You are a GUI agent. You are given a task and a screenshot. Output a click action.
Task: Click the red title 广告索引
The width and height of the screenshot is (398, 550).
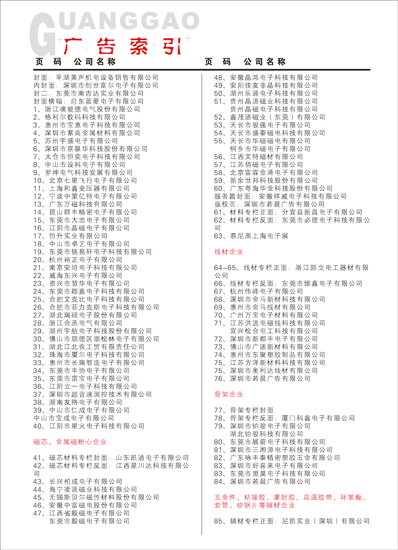tap(122, 47)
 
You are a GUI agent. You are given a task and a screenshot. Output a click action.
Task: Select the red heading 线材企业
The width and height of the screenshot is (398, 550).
tap(229, 252)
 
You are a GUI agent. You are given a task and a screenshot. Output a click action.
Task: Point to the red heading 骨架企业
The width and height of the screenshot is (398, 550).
tap(229, 394)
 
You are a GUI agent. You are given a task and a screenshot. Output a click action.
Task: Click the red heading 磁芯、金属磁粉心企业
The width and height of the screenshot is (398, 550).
tap(70, 442)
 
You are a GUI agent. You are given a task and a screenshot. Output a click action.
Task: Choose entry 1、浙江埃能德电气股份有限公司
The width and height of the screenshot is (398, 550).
tap(87, 109)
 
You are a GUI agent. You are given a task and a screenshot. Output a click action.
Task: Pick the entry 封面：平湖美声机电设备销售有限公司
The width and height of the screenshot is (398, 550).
tap(96, 78)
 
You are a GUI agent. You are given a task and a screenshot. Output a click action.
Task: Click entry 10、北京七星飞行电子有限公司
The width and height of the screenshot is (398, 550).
tap(85, 181)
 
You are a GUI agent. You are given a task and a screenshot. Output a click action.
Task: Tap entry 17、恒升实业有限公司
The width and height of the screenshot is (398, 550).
tap(70, 236)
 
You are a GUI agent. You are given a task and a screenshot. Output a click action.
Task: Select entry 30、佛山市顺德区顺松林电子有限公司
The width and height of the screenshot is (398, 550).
tap(96, 339)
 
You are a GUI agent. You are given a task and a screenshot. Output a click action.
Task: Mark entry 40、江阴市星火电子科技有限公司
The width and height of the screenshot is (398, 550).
tap(89, 426)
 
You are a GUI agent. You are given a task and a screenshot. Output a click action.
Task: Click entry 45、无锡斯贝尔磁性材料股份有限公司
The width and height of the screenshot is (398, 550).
tap(96, 498)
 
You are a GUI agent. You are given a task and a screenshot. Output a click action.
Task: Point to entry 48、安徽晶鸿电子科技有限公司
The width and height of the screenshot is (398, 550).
tap(266, 78)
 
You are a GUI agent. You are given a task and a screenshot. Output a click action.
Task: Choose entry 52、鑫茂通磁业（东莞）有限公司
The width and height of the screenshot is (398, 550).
tap(269, 117)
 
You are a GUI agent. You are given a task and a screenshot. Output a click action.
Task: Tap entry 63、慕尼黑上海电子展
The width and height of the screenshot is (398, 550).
tap(251, 236)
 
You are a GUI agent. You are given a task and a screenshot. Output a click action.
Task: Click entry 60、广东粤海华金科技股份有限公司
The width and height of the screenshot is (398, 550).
tap(273, 189)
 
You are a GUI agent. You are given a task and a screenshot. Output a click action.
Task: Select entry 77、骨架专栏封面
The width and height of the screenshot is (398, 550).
tap(244, 410)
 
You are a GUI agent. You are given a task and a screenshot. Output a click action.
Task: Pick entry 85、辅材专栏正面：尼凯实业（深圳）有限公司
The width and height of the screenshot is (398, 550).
tap(292, 521)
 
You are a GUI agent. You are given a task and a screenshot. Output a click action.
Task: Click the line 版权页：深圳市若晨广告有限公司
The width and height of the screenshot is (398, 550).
tap(269, 204)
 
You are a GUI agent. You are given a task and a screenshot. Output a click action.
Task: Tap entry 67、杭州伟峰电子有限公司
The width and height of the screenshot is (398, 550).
tap(259, 292)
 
